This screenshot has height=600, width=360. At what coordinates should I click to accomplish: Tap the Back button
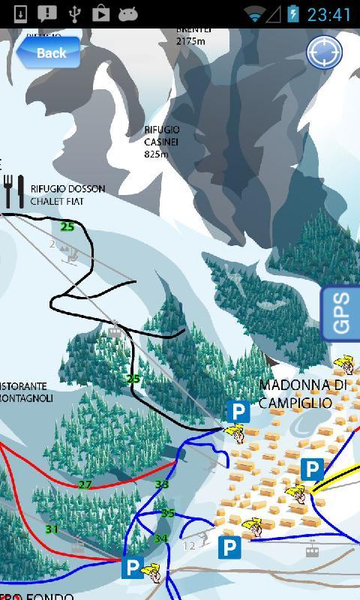tap(49, 52)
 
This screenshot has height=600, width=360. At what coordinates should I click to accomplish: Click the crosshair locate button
tap(325, 52)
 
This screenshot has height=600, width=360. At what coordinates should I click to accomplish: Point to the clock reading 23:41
tap(329, 14)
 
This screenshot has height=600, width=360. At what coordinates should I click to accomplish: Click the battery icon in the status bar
tap(292, 14)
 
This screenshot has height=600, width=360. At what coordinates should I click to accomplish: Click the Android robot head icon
tap(127, 13)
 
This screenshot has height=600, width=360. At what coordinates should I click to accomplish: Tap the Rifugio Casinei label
tap(162, 142)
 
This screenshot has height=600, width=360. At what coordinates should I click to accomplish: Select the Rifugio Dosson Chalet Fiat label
tap(67, 195)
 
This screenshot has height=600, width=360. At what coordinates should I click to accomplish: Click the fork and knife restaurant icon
tap(14, 191)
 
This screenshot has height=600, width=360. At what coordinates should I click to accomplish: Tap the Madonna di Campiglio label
tap(302, 394)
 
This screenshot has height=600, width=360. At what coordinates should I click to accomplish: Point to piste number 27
tap(85, 484)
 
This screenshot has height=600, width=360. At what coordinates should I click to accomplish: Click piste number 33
tap(162, 484)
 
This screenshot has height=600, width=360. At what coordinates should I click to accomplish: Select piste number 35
tap(168, 514)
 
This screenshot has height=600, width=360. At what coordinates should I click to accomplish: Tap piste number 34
tap(160, 538)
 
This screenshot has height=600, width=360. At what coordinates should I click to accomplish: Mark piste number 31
tap(52, 529)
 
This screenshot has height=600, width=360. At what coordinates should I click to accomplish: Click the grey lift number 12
tap(189, 545)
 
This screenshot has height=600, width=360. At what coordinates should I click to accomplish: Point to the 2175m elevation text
tap(190, 41)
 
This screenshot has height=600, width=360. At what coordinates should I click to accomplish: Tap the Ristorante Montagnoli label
tap(25, 392)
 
